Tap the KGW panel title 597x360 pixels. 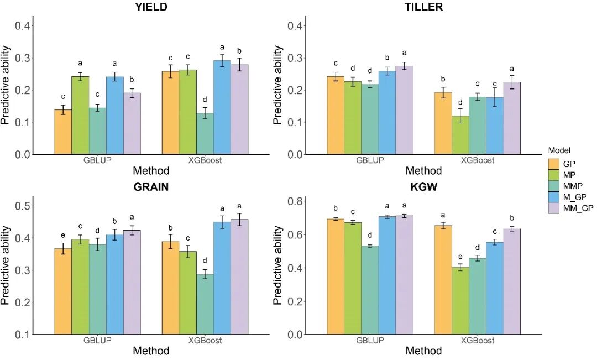tap(423, 187)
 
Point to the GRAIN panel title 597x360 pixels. tap(151, 187)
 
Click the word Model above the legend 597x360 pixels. tap(559, 150)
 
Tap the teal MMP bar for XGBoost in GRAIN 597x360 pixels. tap(205, 304)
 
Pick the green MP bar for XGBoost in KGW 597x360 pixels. tap(460, 301)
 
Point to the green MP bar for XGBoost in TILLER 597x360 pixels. tap(460, 135)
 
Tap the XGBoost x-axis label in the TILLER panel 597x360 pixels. tap(477, 161)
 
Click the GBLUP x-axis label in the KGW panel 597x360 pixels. tap(370, 341)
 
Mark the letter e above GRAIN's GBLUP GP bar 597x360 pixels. tap(62, 234)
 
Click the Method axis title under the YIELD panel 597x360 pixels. tap(151, 171)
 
